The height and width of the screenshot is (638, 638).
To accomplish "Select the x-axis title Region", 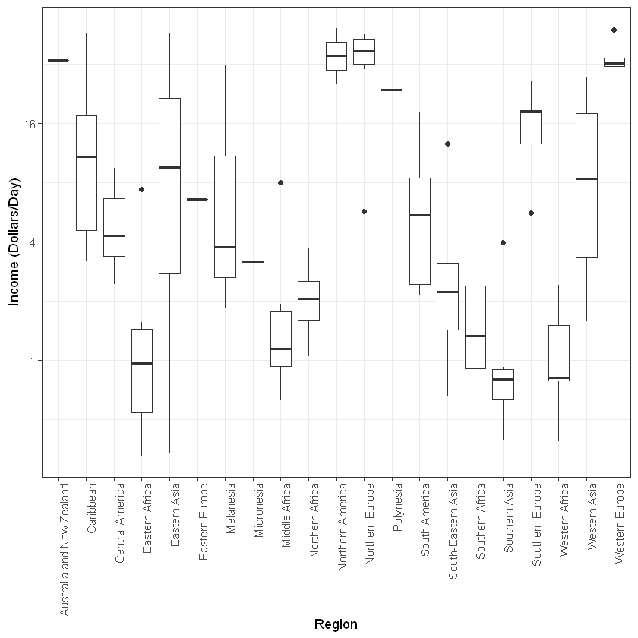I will (x=336, y=624).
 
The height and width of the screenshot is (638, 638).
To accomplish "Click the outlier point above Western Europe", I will (x=614, y=30).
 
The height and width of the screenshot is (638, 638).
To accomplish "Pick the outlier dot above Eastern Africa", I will (x=141, y=189).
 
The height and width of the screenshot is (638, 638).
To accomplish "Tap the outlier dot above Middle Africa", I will (x=281, y=182).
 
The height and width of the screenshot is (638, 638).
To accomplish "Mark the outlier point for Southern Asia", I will (x=503, y=242).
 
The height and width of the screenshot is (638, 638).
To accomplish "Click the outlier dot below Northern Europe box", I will (x=365, y=211).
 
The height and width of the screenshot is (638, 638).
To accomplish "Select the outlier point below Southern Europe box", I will (x=531, y=213).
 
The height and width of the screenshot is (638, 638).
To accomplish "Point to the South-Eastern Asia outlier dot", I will (x=448, y=144).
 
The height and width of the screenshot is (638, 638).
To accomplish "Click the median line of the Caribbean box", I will (x=86, y=156).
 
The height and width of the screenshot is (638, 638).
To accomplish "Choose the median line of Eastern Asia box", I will (x=169, y=167).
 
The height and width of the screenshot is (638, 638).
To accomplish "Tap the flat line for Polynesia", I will (x=392, y=90).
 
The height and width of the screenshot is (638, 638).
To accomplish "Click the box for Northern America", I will (x=336, y=56).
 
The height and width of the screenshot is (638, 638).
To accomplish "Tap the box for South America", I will (x=420, y=231).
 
